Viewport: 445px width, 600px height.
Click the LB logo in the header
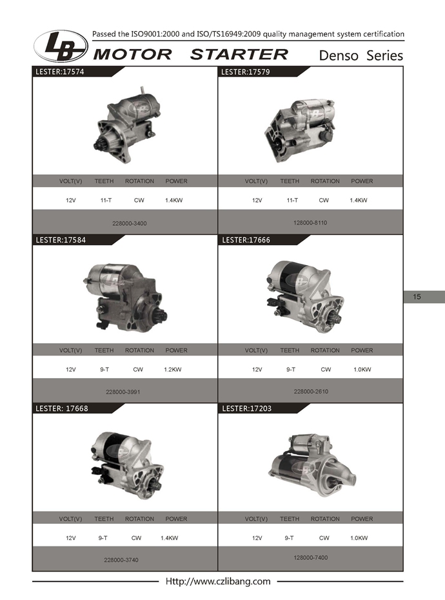pyautogui.click(x=61, y=46)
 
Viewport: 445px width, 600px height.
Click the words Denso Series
pyautogui.click(x=361, y=55)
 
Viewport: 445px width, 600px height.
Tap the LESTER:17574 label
pyautogui.click(x=60, y=72)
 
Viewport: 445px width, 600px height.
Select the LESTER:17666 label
pyautogui.click(x=246, y=240)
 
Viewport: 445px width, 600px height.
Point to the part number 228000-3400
pyautogui.click(x=130, y=223)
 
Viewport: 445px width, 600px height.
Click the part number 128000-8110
pyautogui.click(x=310, y=223)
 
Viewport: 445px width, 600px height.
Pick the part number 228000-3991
pyautogui.click(x=123, y=392)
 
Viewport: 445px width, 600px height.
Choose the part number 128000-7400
pyautogui.click(x=311, y=557)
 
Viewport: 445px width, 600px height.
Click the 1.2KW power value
pyautogui.click(x=173, y=370)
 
